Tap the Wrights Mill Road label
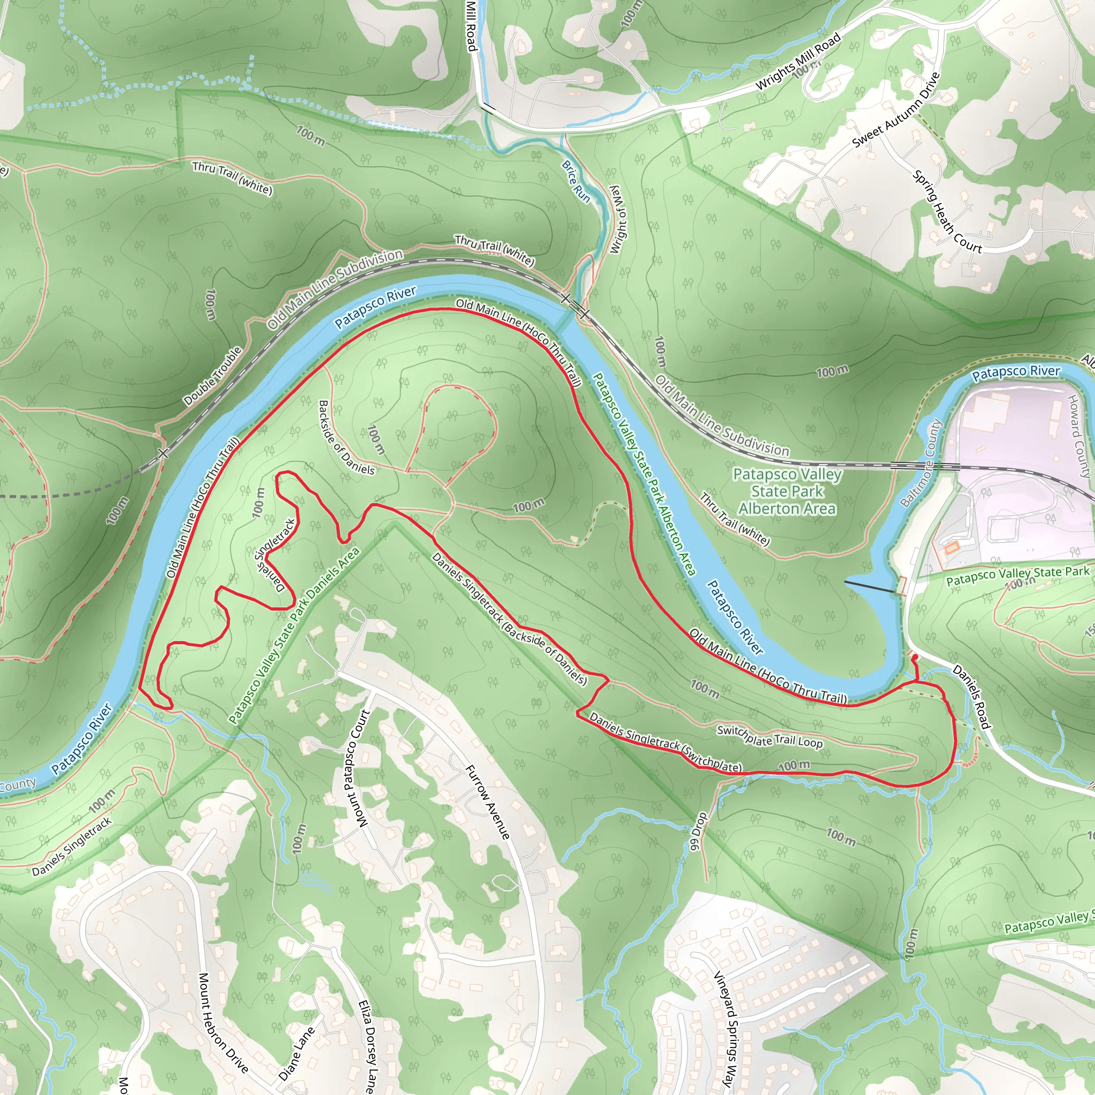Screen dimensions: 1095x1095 click(798, 63)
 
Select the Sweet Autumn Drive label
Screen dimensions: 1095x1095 click(896, 110)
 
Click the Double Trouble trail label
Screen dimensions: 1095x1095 click(213, 375)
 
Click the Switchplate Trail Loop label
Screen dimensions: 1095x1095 click(770, 736)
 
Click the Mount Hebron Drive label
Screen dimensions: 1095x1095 click(223, 1023)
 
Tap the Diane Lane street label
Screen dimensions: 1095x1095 click(296, 1054)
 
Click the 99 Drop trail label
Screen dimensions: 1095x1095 click(698, 831)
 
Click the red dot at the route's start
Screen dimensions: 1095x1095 click(915, 657)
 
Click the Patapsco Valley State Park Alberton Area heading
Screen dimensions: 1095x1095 click(786, 491)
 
